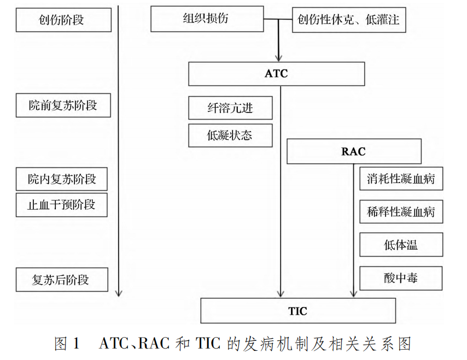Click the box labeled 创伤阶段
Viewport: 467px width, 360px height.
pyautogui.click(x=64, y=21)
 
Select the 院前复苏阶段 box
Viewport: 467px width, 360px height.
pyautogui.click(x=63, y=105)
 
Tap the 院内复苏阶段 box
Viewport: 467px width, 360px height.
pyautogui.click(x=62, y=179)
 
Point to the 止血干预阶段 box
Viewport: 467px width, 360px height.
pyautogui.click(x=61, y=205)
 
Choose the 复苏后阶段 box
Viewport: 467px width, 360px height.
pyautogui.click(x=62, y=280)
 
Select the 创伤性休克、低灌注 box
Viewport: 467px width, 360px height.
pyautogui.click(x=349, y=21)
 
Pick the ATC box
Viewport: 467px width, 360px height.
pyautogui.click(x=276, y=74)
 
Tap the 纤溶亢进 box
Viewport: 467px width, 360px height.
pyautogui.click(x=230, y=108)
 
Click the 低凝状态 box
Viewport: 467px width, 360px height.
pyautogui.click(x=230, y=135)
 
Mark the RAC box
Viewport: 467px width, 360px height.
pyautogui.click(x=353, y=151)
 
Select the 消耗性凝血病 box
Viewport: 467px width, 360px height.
pyautogui.click(x=401, y=179)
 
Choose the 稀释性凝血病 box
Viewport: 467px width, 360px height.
pyautogui.click(x=401, y=212)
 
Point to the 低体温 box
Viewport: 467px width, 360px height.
pyautogui.click(x=401, y=245)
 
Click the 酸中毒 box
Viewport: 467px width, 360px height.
pyautogui.click(x=401, y=278)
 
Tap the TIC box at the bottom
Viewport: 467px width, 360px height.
pyautogui.click(x=297, y=311)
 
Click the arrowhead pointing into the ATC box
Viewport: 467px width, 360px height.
pyautogui.click(x=278, y=57)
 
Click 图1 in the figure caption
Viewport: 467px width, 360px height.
pyautogui.click(x=67, y=344)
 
